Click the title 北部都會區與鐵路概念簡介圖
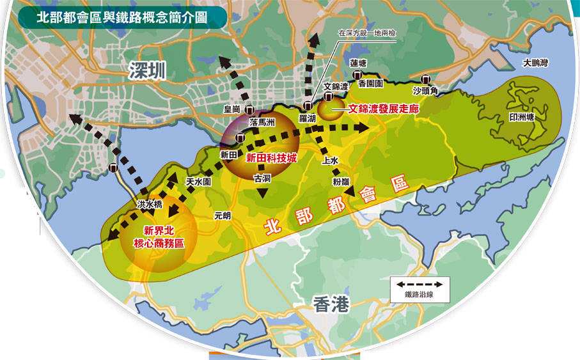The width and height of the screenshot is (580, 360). tap(121, 17)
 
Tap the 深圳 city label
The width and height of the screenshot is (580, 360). tap(146, 70)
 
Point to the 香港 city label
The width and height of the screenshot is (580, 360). tap(332, 304)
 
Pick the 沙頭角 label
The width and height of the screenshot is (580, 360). tap(425, 91)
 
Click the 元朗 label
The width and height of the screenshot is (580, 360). tap(223, 216)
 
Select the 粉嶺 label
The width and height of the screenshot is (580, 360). tap(341, 182)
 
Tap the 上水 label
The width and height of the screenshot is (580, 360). tap(331, 160)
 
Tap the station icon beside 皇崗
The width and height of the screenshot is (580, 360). tap(249, 109)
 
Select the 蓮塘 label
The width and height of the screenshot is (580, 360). tap(358, 63)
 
